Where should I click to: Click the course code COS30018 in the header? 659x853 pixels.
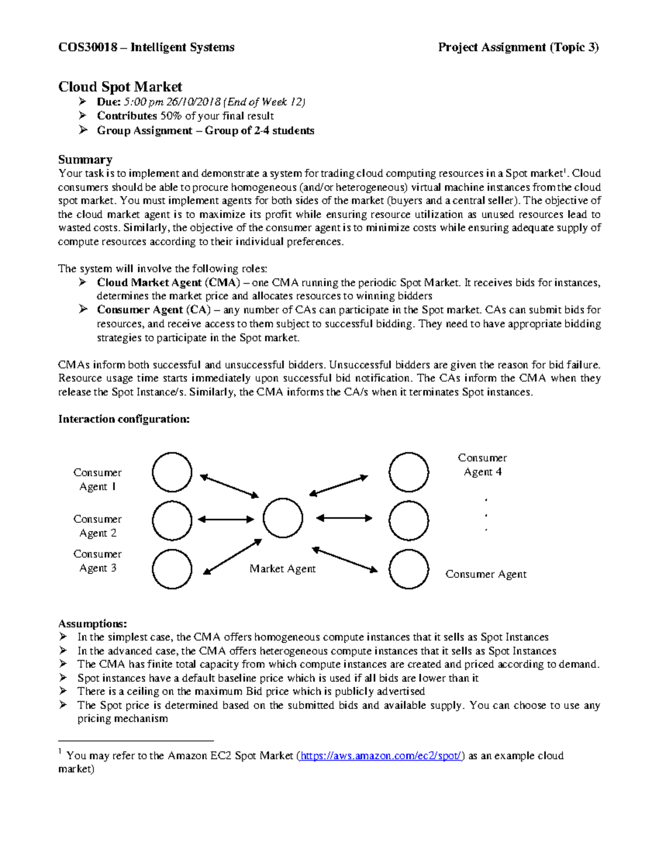click(x=87, y=47)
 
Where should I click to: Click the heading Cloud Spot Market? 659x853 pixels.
click(x=120, y=87)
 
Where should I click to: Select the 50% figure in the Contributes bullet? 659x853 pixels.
click(x=171, y=116)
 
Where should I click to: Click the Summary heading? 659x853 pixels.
click(x=85, y=159)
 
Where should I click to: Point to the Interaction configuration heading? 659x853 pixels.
click(x=124, y=419)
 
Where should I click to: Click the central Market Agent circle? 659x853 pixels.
click(x=283, y=518)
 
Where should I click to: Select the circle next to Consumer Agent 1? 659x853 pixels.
click(x=172, y=472)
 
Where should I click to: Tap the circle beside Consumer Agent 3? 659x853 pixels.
click(x=172, y=569)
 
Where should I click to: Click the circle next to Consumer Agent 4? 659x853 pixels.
click(x=409, y=472)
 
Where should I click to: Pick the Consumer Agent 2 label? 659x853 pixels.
click(x=97, y=526)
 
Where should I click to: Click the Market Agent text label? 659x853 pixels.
click(x=282, y=569)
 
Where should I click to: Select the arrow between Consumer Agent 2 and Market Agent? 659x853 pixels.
click(x=226, y=519)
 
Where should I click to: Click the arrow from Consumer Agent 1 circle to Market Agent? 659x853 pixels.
click(x=229, y=487)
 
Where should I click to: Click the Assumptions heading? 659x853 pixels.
click(x=92, y=623)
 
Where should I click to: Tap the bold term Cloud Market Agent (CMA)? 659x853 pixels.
click(x=169, y=282)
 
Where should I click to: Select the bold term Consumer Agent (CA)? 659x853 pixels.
click(x=154, y=310)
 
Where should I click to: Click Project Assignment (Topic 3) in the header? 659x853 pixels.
click(x=518, y=47)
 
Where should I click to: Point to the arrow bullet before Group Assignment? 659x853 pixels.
click(x=83, y=130)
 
